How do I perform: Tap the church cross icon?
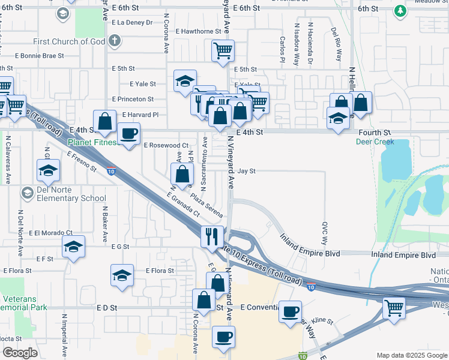[x=115, y=41]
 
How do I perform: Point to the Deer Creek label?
[x=375, y=142]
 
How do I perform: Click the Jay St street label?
[x=247, y=171]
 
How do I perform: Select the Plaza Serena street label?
[x=207, y=205]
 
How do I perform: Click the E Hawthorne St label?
[x=199, y=31]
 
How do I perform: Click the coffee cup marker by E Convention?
[x=291, y=311]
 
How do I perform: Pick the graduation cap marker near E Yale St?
[x=185, y=80]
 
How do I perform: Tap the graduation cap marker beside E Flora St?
[x=122, y=275]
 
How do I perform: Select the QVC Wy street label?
[x=325, y=232]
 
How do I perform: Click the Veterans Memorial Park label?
[x=23, y=302]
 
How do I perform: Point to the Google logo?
[x=20, y=353]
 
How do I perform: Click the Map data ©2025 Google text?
[x=411, y=355]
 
